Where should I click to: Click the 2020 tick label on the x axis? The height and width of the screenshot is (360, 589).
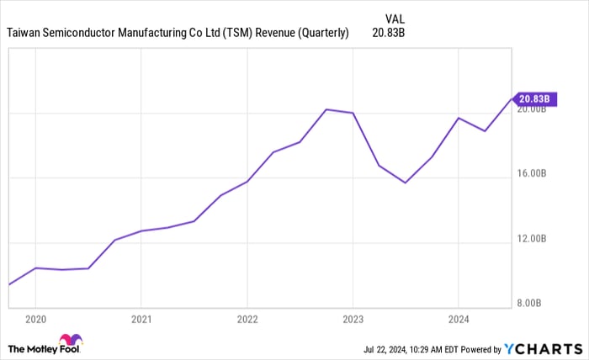36,319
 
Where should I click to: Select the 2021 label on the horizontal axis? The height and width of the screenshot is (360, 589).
141,319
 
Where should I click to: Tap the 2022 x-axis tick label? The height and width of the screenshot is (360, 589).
247,319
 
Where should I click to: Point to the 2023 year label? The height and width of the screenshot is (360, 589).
353,319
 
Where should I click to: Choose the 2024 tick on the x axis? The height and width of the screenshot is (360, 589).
458,319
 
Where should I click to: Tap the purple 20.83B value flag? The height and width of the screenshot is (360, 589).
533,98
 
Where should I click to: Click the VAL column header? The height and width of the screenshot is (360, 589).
395,18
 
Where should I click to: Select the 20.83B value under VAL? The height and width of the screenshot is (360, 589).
388,33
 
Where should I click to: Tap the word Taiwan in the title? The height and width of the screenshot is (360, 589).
25,33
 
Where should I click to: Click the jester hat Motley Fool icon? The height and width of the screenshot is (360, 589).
72,341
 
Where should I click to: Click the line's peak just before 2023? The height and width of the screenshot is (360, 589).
326,109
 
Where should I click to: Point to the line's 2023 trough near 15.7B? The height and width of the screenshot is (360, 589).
406,183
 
